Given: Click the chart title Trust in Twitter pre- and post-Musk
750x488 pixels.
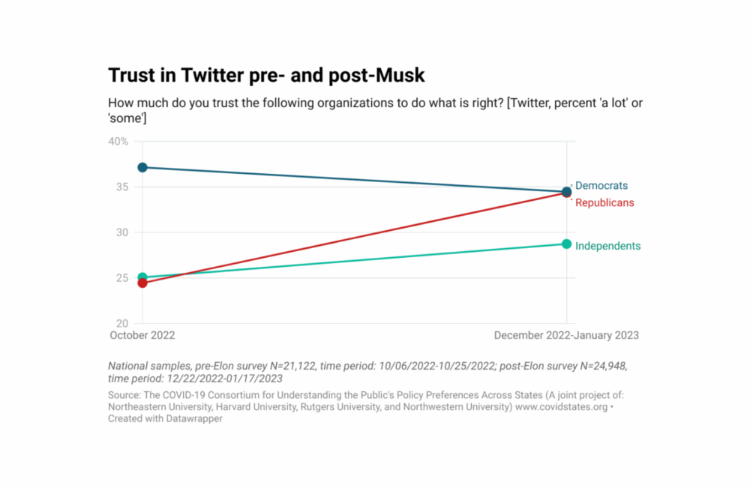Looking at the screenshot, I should [266, 76].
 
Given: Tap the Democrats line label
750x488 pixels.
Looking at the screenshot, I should [601, 186].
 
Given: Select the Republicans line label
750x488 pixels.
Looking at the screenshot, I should [604, 202].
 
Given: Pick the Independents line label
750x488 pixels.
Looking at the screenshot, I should [607, 246].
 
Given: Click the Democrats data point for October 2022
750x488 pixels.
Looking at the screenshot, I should [142, 167].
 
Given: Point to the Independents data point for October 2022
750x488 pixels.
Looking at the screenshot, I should [142, 277].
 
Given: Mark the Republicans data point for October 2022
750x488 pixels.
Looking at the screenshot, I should [142, 283].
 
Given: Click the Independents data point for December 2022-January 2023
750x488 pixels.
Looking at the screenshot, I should [566, 244].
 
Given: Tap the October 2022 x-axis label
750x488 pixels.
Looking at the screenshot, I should [142, 336].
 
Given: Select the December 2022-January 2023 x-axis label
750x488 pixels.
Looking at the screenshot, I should [566, 336].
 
